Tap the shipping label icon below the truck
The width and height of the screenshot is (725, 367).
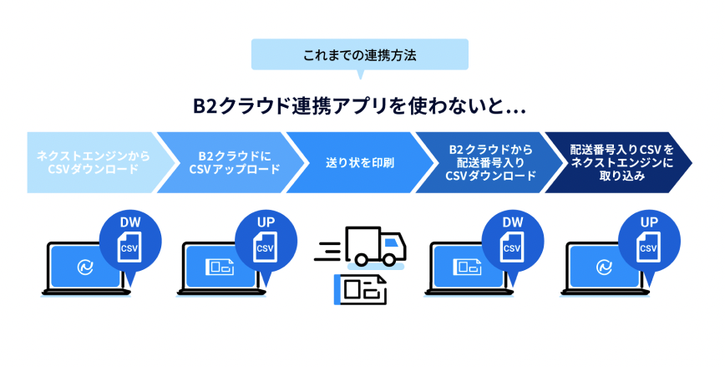(360, 288)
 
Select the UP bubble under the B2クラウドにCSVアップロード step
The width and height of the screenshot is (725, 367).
(265, 237)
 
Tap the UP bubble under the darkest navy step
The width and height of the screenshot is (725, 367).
(649, 237)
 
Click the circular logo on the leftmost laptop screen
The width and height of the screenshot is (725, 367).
(84, 267)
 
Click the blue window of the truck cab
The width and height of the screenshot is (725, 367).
(393, 242)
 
